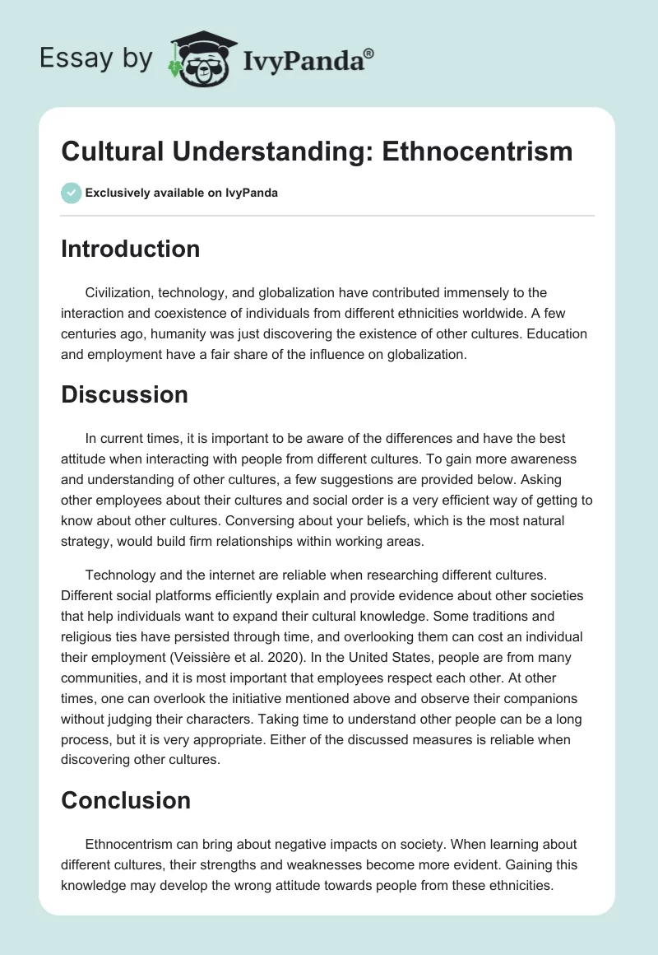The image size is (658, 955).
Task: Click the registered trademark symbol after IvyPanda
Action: (x=369, y=52)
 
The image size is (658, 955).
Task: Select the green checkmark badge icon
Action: (x=71, y=193)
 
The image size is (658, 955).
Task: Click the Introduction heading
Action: (x=130, y=249)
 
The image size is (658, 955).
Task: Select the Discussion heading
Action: (x=124, y=394)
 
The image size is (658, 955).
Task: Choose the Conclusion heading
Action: (x=126, y=800)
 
